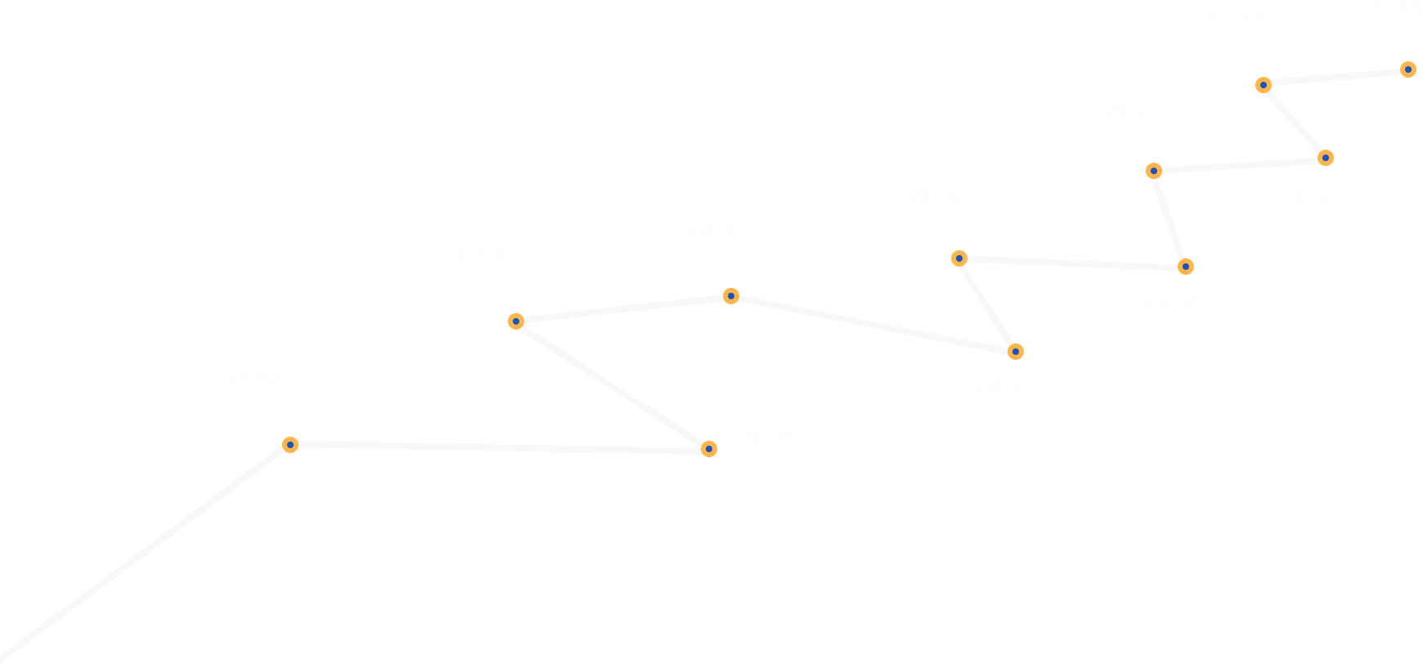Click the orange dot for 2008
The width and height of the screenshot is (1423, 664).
[x=290, y=445]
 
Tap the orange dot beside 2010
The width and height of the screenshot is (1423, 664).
[x=709, y=449]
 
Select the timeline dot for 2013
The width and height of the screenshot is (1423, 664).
[x=516, y=321]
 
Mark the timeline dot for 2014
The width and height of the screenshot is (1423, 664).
[x=731, y=296]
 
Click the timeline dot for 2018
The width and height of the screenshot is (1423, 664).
[x=959, y=258]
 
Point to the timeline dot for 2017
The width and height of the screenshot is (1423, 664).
[x=1016, y=352]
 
